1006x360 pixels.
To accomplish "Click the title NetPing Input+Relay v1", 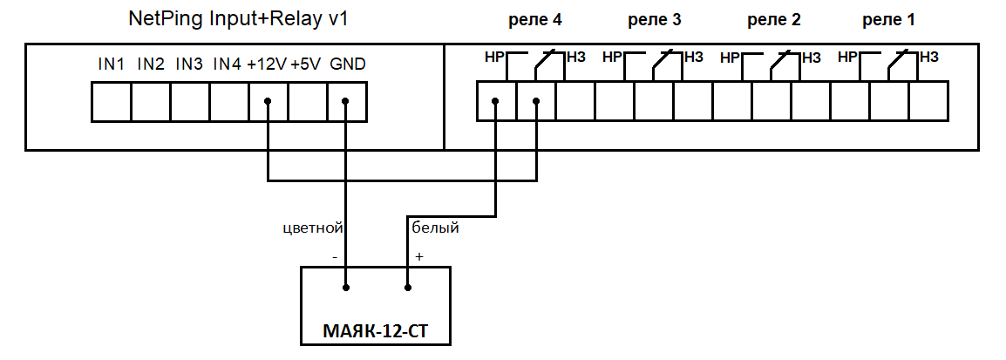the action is coord(239,18).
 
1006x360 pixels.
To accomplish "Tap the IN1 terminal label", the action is coord(111,65).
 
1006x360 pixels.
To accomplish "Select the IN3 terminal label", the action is coord(189,65).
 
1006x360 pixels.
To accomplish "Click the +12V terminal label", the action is coord(266,65).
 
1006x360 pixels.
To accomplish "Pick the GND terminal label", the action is coord(347,65).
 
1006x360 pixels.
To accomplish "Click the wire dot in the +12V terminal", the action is coord(268,101).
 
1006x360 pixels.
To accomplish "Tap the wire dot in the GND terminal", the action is coord(345,101).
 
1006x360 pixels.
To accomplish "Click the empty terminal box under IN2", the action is coord(151,101).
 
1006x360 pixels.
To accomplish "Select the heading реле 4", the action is coord(535,20).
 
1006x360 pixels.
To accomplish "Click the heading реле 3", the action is coord(654,20).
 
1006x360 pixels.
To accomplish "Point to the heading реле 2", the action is coord(774,20).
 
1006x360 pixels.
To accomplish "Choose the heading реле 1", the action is coord(888,20).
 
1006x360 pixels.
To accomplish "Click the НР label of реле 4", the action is coord(494,58).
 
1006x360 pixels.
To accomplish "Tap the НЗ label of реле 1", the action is coord(929,58).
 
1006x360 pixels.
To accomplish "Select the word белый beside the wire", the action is coord(435,228).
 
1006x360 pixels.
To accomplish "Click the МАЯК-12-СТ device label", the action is coord(376,332).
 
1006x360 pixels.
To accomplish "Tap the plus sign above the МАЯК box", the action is coord(419,256).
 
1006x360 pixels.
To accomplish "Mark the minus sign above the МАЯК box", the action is coord(335,257).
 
